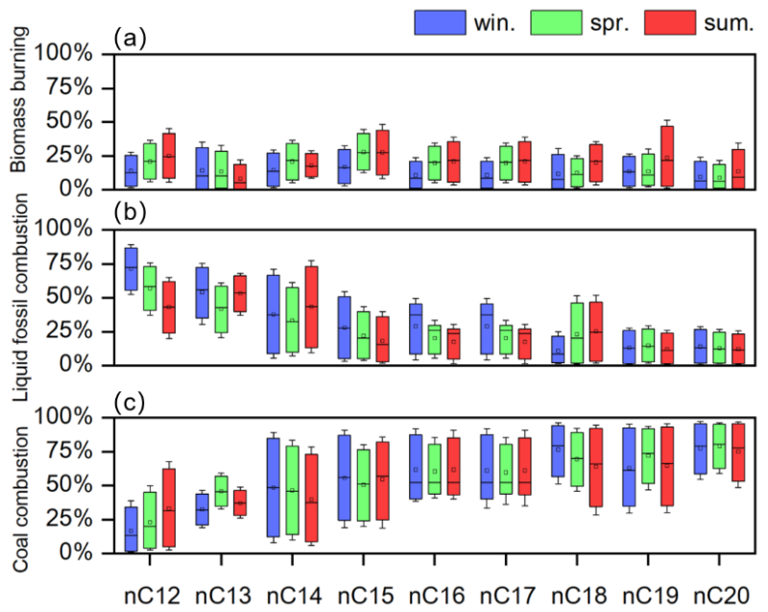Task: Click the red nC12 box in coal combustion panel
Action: pyautogui.click(x=169, y=508)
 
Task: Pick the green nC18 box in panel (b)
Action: pyautogui.click(x=577, y=332)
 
